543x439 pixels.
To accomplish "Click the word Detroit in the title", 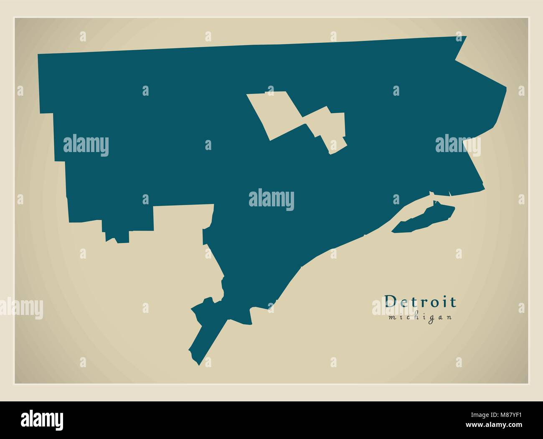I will point(420,302).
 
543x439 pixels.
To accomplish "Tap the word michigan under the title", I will point(420,317).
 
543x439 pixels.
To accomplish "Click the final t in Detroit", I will point(453,302).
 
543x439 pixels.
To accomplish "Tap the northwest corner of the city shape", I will point(39,55).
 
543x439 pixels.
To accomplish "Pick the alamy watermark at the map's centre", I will point(271,200).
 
